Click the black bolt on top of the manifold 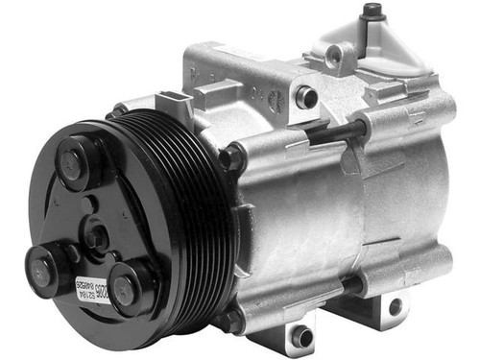click(372, 11)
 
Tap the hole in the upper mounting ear click(306, 96)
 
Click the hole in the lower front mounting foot click(301, 337)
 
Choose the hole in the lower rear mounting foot click(395, 307)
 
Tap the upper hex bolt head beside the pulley click(231, 157)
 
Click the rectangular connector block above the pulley click(175, 108)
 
